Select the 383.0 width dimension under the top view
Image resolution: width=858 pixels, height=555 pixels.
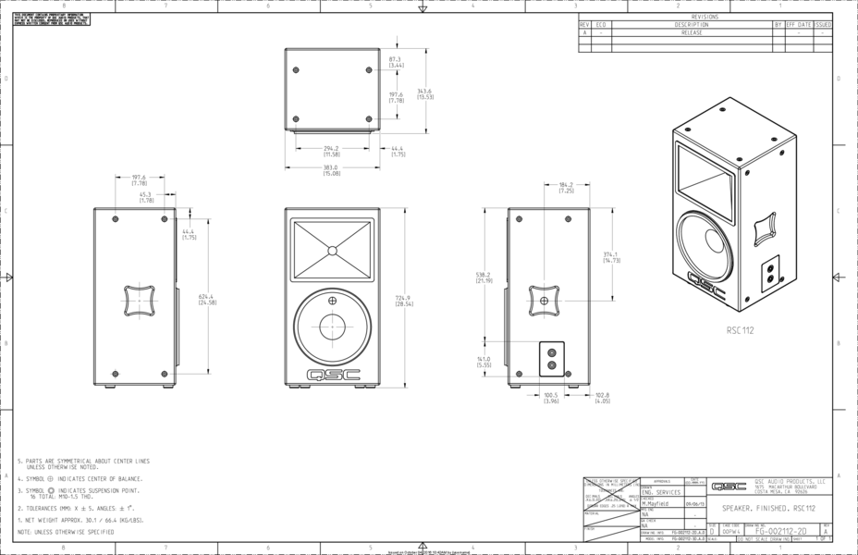tap(330, 170)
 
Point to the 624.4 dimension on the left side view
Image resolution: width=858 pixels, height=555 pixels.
tap(207, 299)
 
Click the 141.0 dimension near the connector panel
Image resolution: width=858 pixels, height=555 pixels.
tap(484, 363)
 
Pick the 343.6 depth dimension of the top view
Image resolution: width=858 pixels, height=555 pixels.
tap(425, 93)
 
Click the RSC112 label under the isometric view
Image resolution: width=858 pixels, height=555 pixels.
tap(741, 329)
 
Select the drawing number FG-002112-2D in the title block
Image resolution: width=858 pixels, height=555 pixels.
tap(780, 532)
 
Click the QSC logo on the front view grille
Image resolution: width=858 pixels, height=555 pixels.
tap(331, 375)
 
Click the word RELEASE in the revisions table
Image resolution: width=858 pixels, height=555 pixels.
tap(692, 32)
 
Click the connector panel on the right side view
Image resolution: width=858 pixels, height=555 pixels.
tap(552, 358)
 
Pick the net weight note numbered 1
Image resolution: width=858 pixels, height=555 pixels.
tap(79, 520)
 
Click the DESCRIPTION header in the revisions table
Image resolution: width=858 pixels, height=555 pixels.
tap(692, 24)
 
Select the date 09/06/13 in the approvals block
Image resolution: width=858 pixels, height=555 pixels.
tap(693, 504)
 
